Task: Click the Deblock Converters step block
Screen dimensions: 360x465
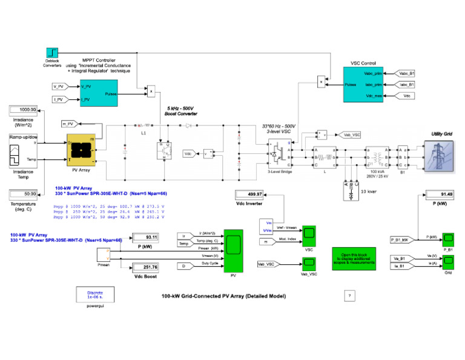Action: [x=51, y=53]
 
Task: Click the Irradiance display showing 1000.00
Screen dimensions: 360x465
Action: [x=24, y=110]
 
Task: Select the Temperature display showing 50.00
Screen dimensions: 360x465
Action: [x=24, y=194]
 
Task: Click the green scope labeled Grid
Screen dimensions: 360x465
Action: [x=449, y=262]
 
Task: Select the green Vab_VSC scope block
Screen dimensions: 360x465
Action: [x=309, y=262]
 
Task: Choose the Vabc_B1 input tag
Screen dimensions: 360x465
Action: [x=407, y=73]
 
